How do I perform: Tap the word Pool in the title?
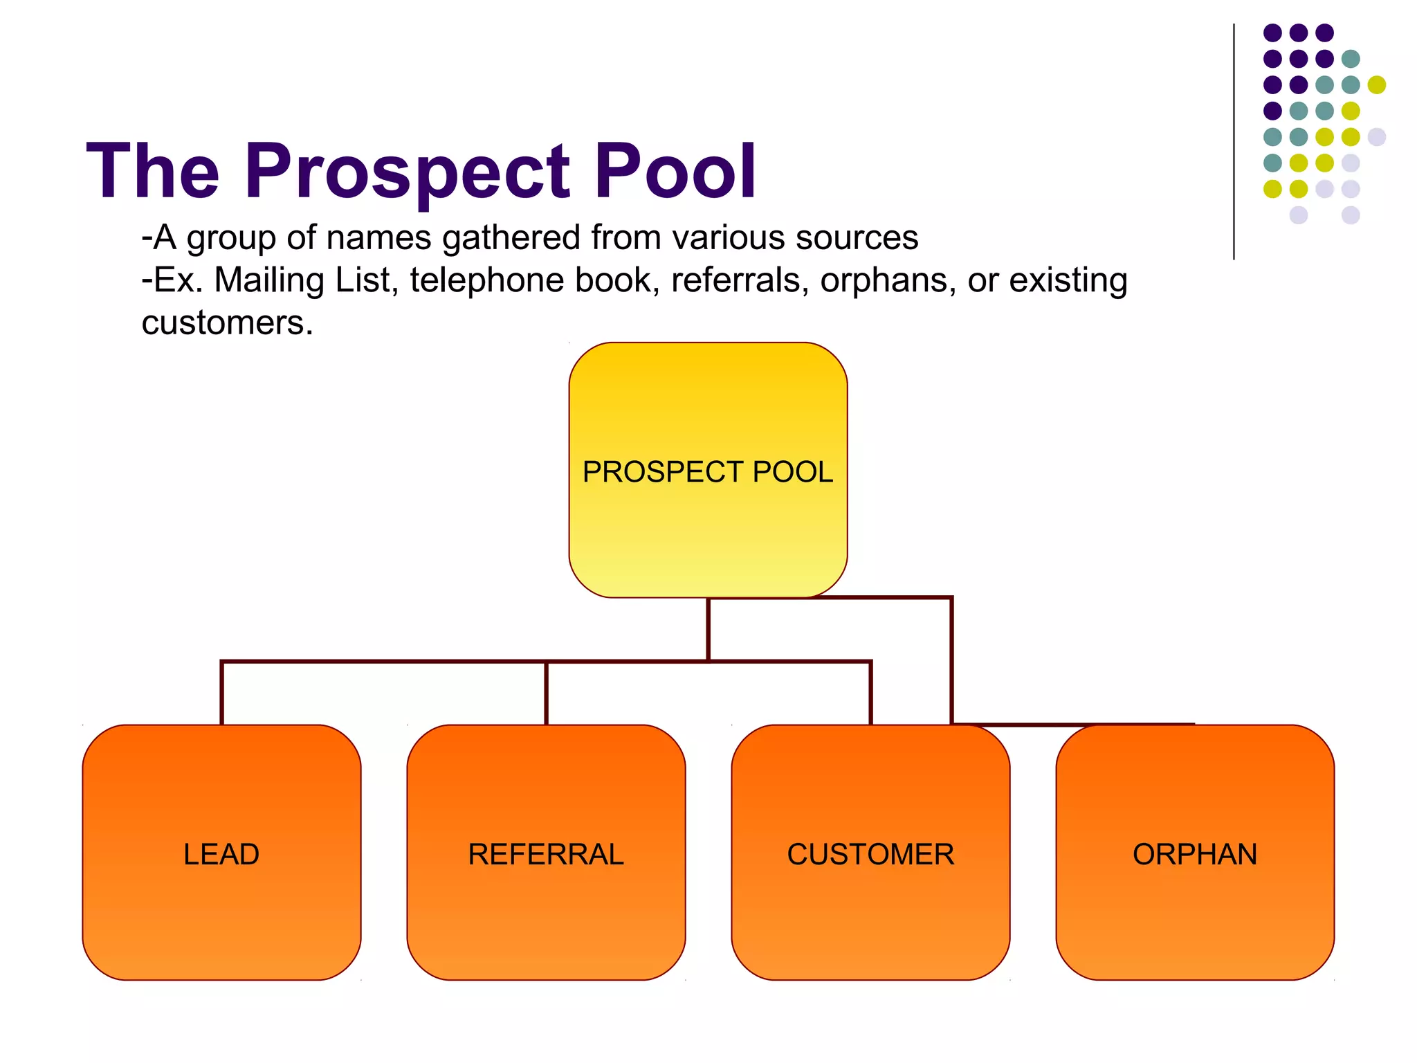tap(675, 170)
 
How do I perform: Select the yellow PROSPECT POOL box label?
tap(708, 472)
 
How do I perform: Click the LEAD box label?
tap(221, 855)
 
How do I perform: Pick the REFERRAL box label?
tap(546, 855)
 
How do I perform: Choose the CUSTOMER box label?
tap(870, 855)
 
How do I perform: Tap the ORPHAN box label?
tap(1195, 855)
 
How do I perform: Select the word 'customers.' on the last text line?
tap(228, 323)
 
